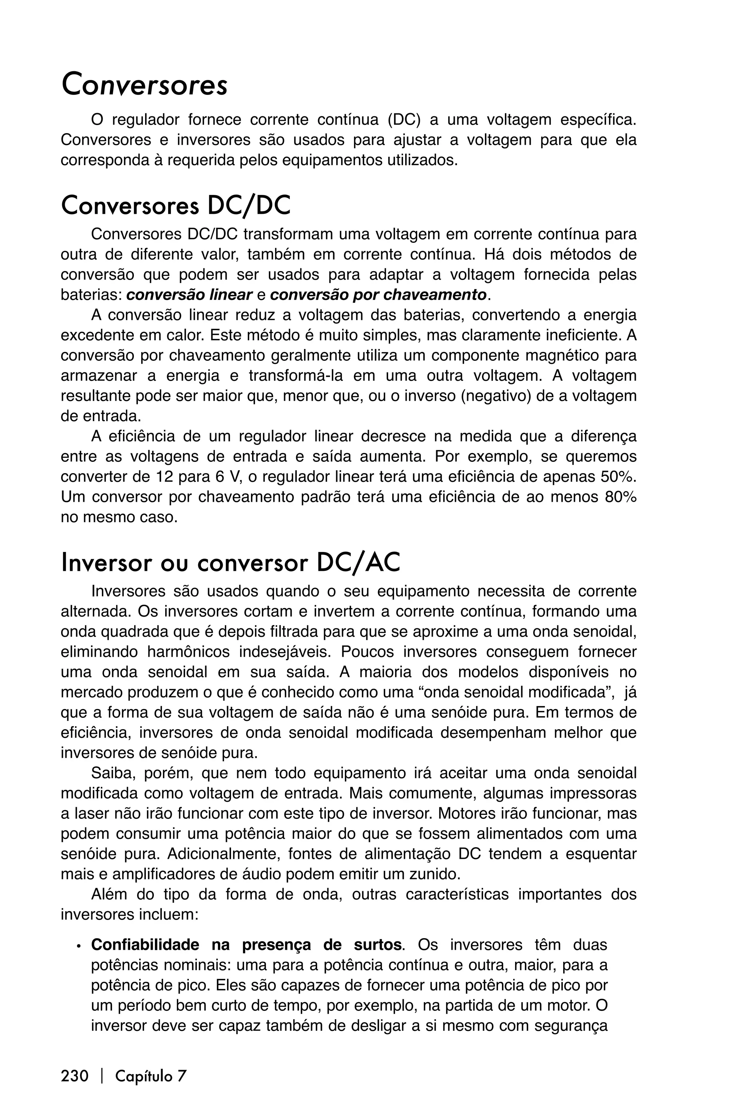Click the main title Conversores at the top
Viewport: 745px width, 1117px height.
(144, 84)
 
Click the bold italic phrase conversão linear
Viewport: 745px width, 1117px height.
(189, 295)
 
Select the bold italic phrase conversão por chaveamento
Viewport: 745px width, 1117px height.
(378, 295)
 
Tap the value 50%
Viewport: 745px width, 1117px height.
(619, 476)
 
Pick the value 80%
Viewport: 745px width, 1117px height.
(619, 497)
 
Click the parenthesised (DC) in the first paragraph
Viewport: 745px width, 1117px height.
(404, 120)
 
